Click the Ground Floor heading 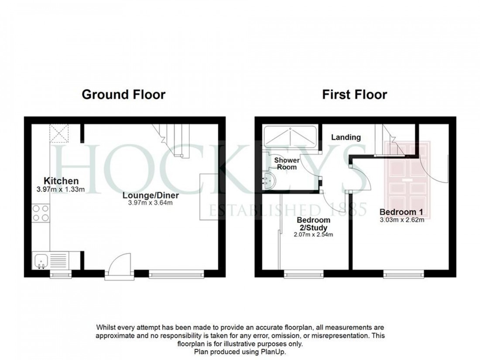(123, 94)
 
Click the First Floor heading (354, 94)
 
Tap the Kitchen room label (61, 181)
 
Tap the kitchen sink (41, 261)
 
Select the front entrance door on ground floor (119, 267)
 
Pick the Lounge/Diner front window (176, 274)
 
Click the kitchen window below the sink (61, 274)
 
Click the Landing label (346, 137)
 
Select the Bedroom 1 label (401, 212)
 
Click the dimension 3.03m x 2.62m (401, 219)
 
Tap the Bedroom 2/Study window (304, 274)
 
